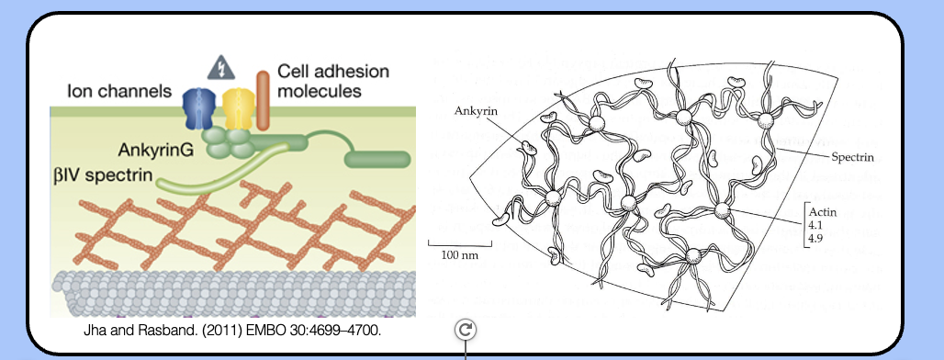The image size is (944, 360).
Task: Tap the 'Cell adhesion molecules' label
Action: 320,81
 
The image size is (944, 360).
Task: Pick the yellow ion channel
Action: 235,108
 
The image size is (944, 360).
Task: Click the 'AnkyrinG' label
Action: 156,149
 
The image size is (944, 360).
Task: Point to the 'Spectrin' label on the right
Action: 852,157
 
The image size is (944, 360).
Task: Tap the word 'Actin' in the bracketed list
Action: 822,211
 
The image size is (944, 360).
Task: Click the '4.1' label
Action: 815,225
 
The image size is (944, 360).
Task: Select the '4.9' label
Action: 815,239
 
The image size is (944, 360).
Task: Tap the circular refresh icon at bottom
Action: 466,331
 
